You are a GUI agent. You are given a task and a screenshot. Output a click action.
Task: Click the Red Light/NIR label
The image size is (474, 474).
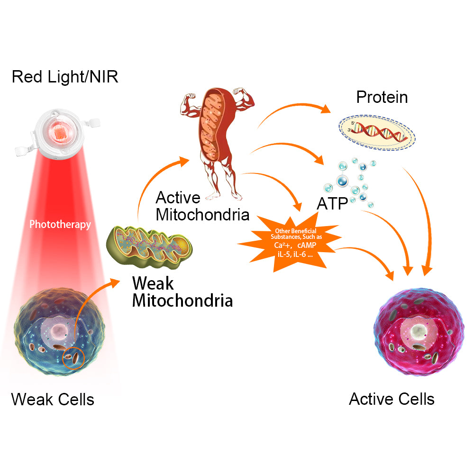point(65,77)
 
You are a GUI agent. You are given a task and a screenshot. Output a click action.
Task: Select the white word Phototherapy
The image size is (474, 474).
point(60,224)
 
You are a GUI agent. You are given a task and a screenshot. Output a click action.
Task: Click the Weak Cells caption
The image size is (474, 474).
point(53,399)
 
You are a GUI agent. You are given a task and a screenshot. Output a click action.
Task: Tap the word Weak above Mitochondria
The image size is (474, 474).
point(153,283)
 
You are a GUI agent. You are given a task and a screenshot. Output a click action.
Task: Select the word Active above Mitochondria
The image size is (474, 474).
point(178,197)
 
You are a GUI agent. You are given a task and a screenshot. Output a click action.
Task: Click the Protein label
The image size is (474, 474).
point(382,97)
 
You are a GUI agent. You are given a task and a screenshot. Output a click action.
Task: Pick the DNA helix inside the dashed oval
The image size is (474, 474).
point(377,132)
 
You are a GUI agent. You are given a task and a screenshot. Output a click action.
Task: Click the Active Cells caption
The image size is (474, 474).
point(392,399)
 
